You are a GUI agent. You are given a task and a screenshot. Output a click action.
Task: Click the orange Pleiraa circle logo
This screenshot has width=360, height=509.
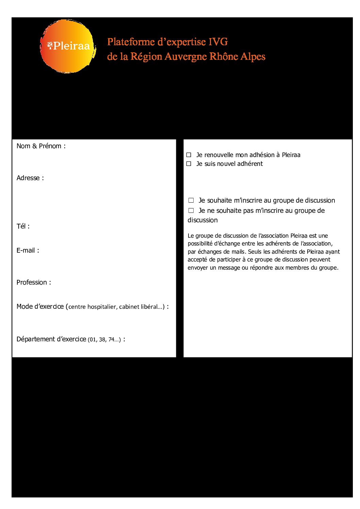coord(67,46)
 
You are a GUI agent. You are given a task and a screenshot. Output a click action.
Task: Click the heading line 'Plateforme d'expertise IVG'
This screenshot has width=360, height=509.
coord(167,42)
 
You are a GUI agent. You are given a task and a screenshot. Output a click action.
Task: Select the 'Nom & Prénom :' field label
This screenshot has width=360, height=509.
coord(41,146)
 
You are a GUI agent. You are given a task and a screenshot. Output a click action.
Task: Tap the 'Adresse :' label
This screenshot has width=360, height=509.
coord(30,178)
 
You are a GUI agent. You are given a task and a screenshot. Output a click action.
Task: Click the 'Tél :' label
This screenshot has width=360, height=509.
coord(23,226)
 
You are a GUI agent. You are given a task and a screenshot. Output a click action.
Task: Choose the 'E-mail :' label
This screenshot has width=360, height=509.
coord(28,251)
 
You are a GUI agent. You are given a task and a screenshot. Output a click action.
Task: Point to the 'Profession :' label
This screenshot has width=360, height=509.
coord(34,283)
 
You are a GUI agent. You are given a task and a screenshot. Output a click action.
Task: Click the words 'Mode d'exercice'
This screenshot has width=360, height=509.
coord(40,307)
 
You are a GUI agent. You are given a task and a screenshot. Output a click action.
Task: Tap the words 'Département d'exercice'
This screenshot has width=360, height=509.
coord(51,339)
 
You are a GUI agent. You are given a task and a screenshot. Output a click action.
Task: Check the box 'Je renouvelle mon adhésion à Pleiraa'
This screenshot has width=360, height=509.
coord(189,155)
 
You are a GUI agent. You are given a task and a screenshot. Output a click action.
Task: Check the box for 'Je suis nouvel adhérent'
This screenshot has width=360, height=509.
coord(189,164)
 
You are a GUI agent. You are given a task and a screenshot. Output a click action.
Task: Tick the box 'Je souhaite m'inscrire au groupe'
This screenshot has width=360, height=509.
coord(191,201)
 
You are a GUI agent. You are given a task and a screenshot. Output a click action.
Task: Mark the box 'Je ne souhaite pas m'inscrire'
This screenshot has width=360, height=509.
coord(191,211)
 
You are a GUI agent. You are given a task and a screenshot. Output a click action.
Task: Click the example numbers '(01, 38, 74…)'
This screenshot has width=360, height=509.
coord(104,340)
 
